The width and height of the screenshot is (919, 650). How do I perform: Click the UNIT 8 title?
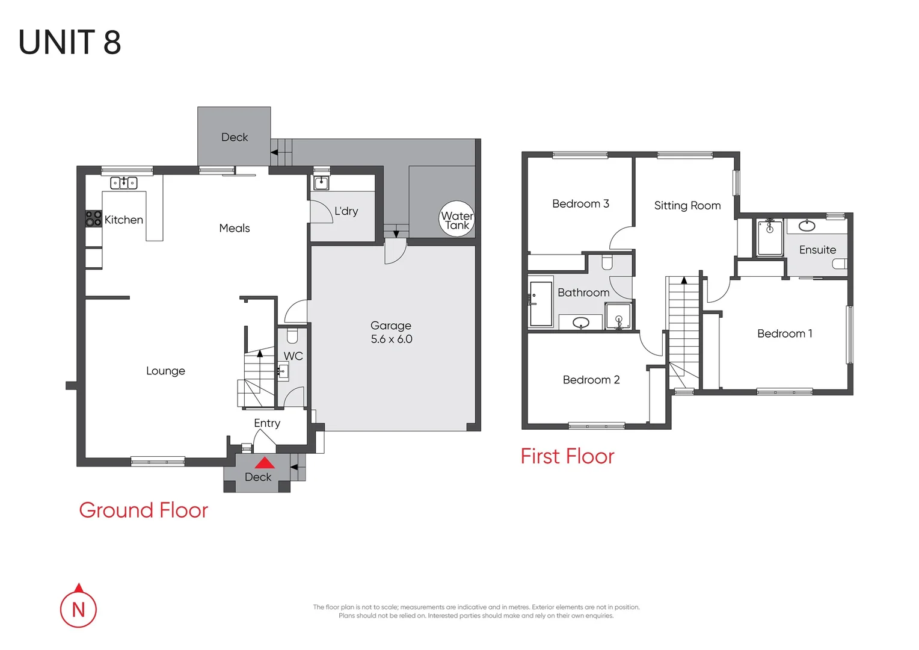pos(70,43)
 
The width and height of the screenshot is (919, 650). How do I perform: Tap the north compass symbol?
pos(78,608)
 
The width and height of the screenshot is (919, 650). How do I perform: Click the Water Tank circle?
pos(457,219)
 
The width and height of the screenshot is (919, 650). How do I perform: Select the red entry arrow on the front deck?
pos(265,463)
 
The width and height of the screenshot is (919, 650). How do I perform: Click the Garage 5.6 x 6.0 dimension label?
pos(392,339)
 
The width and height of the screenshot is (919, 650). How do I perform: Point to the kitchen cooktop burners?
pos(93,218)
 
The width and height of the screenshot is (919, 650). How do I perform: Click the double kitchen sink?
pos(124,183)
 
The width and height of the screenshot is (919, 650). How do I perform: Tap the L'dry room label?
pos(346,211)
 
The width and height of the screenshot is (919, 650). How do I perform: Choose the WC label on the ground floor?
pos(293,356)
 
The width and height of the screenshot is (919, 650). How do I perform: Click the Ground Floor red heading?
pos(143,510)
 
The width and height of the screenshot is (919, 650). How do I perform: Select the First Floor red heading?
pos(567,457)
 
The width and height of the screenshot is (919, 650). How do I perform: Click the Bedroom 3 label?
pos(580,204)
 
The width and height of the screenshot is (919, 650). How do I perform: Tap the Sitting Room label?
pos(687,206)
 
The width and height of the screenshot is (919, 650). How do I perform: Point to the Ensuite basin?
pos(807,226)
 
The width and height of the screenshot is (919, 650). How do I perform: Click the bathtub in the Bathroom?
pos(541,304)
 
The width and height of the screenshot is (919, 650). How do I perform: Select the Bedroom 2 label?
pos(591,380)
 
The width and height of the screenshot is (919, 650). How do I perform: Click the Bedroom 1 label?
pos(784,334)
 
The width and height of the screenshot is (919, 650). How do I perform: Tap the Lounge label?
pos(165,371)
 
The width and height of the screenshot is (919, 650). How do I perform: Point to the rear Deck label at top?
pos(235,138)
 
